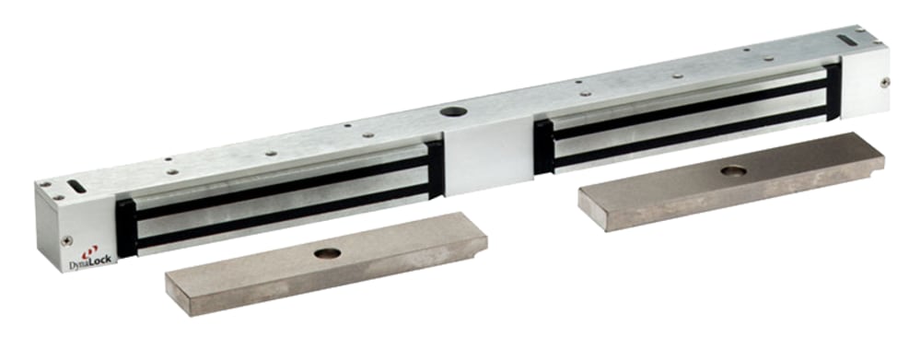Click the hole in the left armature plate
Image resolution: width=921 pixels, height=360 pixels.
(x=327, y=252)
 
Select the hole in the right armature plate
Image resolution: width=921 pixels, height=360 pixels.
(x=733, y=170)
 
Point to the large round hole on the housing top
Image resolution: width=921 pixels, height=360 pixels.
(x=452, y=113)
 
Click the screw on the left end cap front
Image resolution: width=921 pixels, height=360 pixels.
(x=66, y=240)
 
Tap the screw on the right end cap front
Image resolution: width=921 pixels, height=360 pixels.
(x=885, y=82)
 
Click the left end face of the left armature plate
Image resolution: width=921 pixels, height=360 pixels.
(x=171, y=296)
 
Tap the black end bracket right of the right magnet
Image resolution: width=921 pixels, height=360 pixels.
(x=833, y=92)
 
